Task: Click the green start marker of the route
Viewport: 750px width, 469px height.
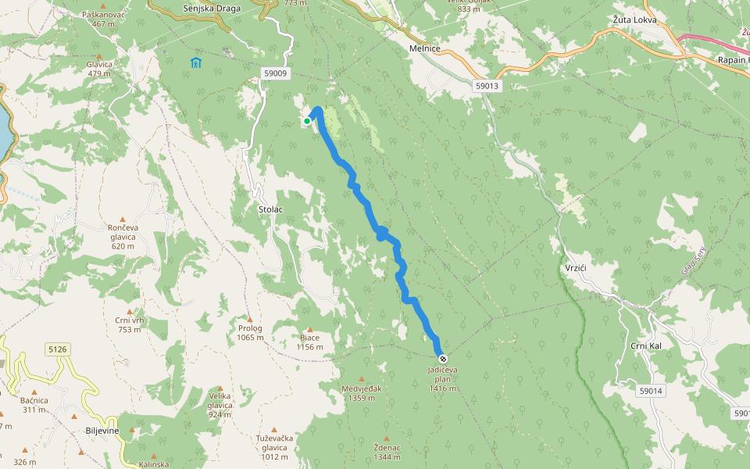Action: pyautogui.click(x=307, y=121)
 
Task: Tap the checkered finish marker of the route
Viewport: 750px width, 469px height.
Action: pyautogui.click(x=443, y=359)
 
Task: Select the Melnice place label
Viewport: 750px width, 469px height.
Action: pyautogui.click(x=425, y=48)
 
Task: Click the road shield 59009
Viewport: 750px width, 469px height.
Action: pyautogui.click(x=276, y=73)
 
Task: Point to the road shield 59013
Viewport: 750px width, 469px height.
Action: pyautogui.click(x=487, y=86)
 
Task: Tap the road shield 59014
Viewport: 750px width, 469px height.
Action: pyautogui.click(x=650, y=391)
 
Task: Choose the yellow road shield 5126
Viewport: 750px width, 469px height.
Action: pyautogui.click(x=57, y=349)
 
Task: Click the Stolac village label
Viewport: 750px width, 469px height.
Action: pyautogui.click(x=270, y=209)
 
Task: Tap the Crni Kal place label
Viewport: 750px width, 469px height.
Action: pyautogui.click(x=646, y=345)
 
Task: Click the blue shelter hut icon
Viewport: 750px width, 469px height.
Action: pyautogui.click(x=195, y=63)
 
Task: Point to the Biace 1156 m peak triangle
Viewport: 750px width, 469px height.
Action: pyautogui.click(x=310, y=330)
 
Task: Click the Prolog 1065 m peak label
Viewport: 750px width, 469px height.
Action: pyautogui.click(x=250, y=333)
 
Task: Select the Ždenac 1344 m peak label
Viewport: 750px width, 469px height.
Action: pyautogui.click(x=387, y=452)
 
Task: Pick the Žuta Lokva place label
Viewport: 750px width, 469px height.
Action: pyautogui.click(x=634, y=20)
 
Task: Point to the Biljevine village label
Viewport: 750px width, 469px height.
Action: pyautogui.click(x=102, y=431)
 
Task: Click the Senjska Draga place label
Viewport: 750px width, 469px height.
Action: pyautogui.click(x=205, y=8)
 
